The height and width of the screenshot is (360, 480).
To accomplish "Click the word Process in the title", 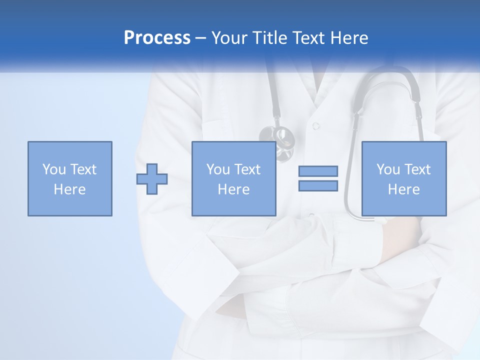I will tap(157, 38).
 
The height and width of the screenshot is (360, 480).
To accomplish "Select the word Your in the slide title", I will tap(229, 38).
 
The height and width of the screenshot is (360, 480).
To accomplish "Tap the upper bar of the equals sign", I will tap(318, 171).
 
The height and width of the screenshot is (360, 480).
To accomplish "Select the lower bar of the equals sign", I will tap(318, 185).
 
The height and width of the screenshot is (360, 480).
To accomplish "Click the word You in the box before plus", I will tap(54, 169).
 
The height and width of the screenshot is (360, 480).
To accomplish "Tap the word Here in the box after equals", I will tap(403, 189).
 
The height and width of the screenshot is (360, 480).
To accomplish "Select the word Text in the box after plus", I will tap(248, 169).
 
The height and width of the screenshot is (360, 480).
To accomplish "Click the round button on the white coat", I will tap(315, 125).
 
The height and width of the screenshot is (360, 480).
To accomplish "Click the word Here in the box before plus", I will tap(69, 189).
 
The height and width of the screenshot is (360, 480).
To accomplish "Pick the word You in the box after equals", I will tap(388, 169).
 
